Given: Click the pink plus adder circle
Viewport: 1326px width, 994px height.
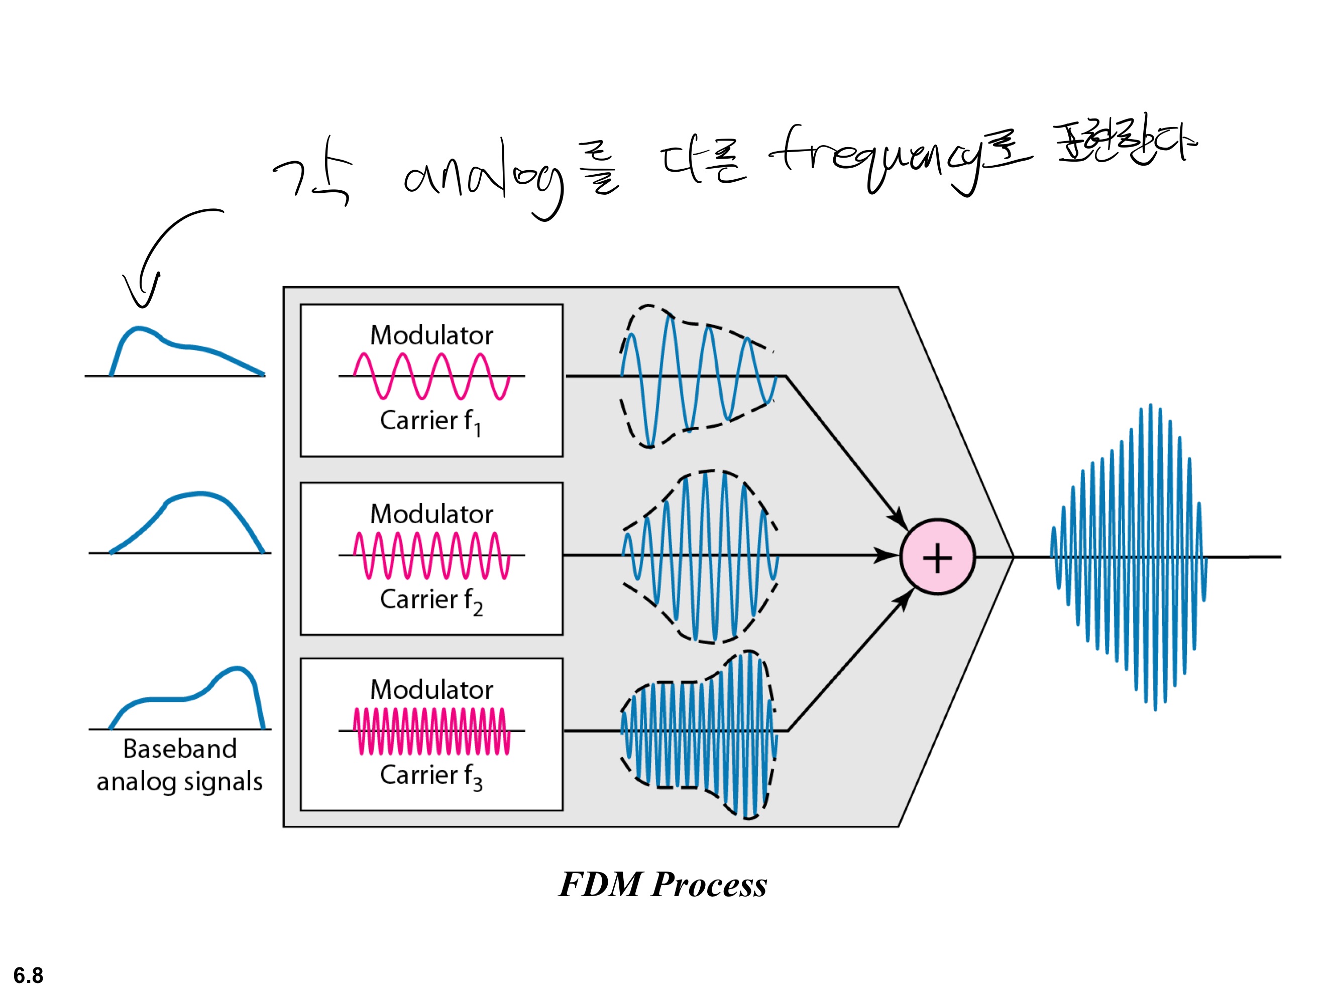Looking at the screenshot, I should pos(938,557).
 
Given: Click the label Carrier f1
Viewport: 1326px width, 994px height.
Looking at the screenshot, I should pos(430,421).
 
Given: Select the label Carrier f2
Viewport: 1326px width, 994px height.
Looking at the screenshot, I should pos(430,600).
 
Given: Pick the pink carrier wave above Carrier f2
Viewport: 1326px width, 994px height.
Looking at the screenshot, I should pos(431,555).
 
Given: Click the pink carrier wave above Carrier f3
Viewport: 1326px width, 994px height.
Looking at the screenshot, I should pos(431,731).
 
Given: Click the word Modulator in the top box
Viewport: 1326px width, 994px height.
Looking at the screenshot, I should pos(431,335).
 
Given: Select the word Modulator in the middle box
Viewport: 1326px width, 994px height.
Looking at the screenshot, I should pos(431,514).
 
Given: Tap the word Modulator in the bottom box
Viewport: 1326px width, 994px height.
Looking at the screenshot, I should pos(431,690).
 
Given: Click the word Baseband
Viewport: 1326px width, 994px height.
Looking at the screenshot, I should pos(180,749).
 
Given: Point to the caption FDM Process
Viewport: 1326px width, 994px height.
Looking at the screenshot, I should pos(662,885).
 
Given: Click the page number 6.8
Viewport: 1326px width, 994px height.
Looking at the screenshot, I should pos(28,975).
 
